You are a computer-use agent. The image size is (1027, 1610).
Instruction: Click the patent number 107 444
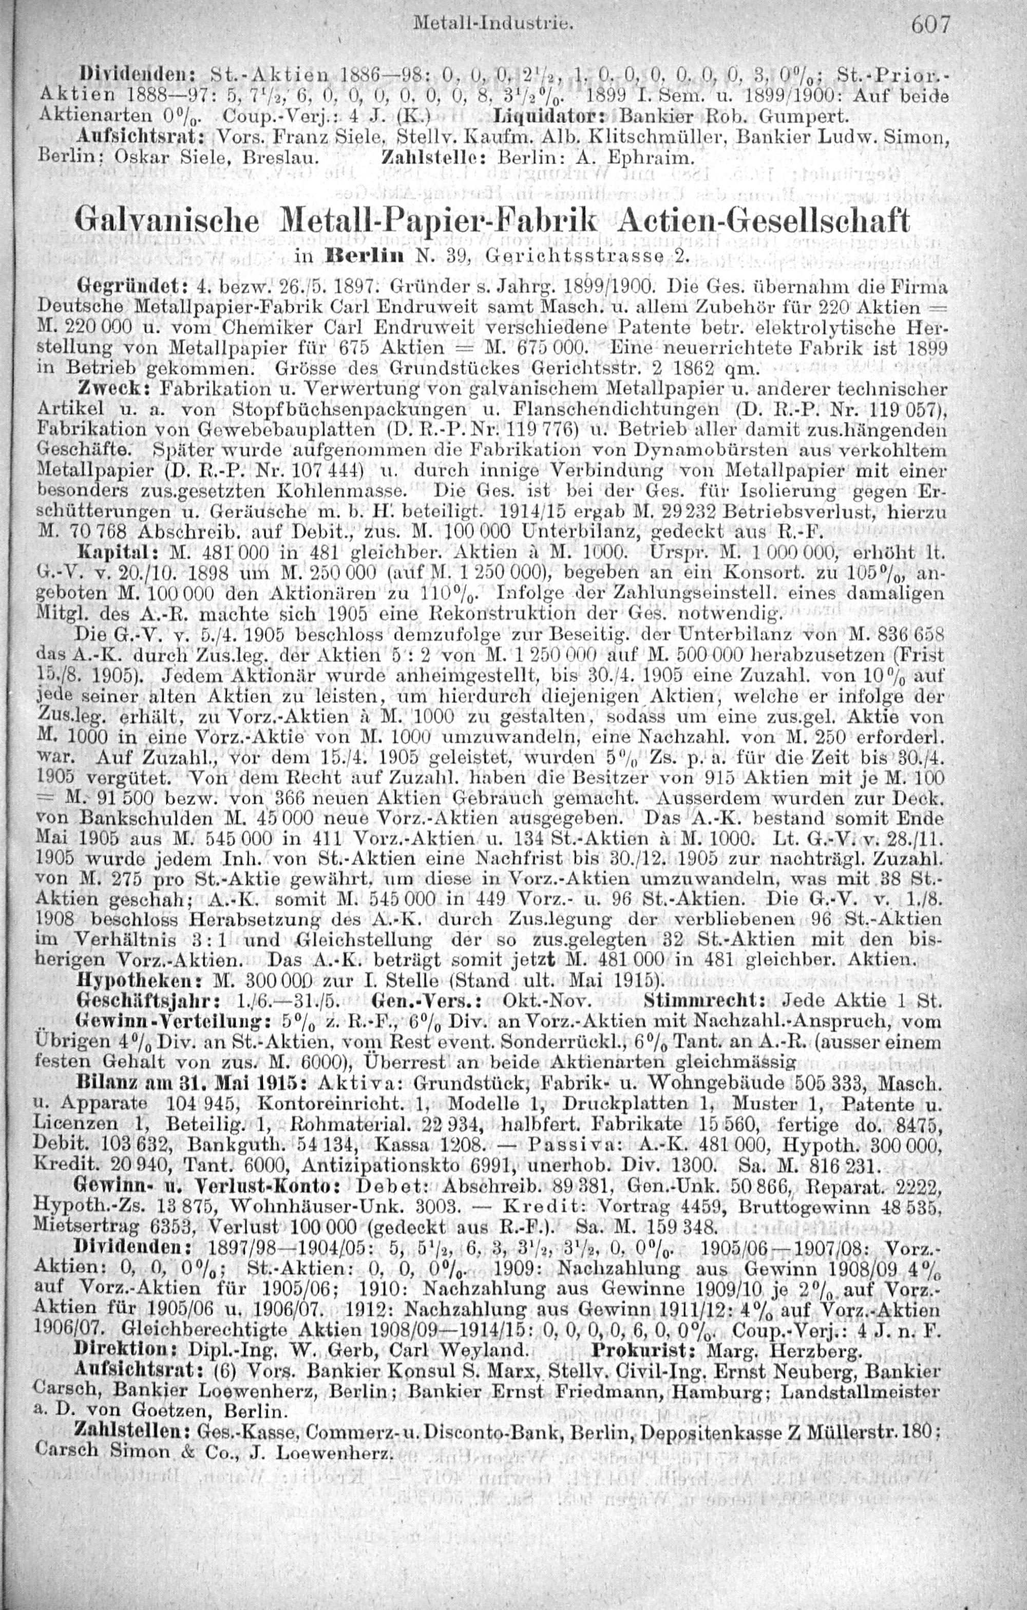pyautogui.click(x=323, y=467)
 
